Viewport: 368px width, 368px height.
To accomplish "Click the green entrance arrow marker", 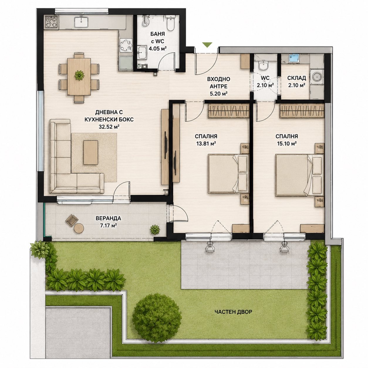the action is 207,45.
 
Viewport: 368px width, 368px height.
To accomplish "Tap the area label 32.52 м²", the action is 109,127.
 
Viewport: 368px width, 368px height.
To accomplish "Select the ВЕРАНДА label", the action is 108,218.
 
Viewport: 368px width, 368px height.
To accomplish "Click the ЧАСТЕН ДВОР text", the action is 233,312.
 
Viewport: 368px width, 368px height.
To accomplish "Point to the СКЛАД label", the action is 297,78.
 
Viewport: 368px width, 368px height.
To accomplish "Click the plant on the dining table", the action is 79,75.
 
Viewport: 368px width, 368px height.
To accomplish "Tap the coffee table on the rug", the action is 91,152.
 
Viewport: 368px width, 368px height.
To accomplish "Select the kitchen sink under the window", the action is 81,22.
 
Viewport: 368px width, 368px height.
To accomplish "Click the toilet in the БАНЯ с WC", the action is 170,23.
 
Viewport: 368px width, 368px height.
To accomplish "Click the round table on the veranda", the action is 79,228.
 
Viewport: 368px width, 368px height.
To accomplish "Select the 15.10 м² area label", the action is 287,143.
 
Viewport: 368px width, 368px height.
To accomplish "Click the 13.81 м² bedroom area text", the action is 206,143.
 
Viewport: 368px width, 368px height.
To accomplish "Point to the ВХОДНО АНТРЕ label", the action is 218,82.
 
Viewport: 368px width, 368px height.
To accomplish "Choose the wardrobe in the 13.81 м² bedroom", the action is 228,111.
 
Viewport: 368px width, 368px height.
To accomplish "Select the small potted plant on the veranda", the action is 155,230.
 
